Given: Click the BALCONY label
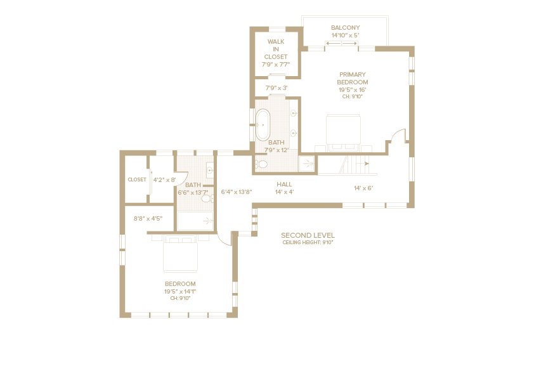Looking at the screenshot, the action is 346,27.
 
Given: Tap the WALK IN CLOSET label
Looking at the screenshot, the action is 276,49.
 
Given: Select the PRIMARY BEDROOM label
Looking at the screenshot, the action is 353,78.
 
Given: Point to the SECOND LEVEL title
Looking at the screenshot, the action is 308,235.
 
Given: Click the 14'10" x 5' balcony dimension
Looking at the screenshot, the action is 346,36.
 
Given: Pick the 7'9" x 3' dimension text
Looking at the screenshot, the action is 277,88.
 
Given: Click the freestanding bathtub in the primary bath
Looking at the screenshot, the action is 263,125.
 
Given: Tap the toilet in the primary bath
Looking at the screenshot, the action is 261,164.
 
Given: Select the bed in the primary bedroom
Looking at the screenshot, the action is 343,133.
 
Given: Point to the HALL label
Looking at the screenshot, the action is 284,184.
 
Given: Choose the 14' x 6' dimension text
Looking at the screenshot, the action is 363,188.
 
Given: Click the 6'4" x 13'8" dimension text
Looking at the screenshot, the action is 237,192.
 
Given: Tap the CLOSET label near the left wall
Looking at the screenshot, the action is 137,180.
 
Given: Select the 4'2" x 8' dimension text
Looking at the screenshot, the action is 164,180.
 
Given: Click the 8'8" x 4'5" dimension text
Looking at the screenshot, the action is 148,219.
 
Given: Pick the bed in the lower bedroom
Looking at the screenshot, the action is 180,254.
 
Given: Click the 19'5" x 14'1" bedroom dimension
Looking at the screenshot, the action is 180,292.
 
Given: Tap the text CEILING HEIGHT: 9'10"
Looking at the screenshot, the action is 308,243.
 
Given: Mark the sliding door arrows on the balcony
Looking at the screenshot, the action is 342,43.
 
